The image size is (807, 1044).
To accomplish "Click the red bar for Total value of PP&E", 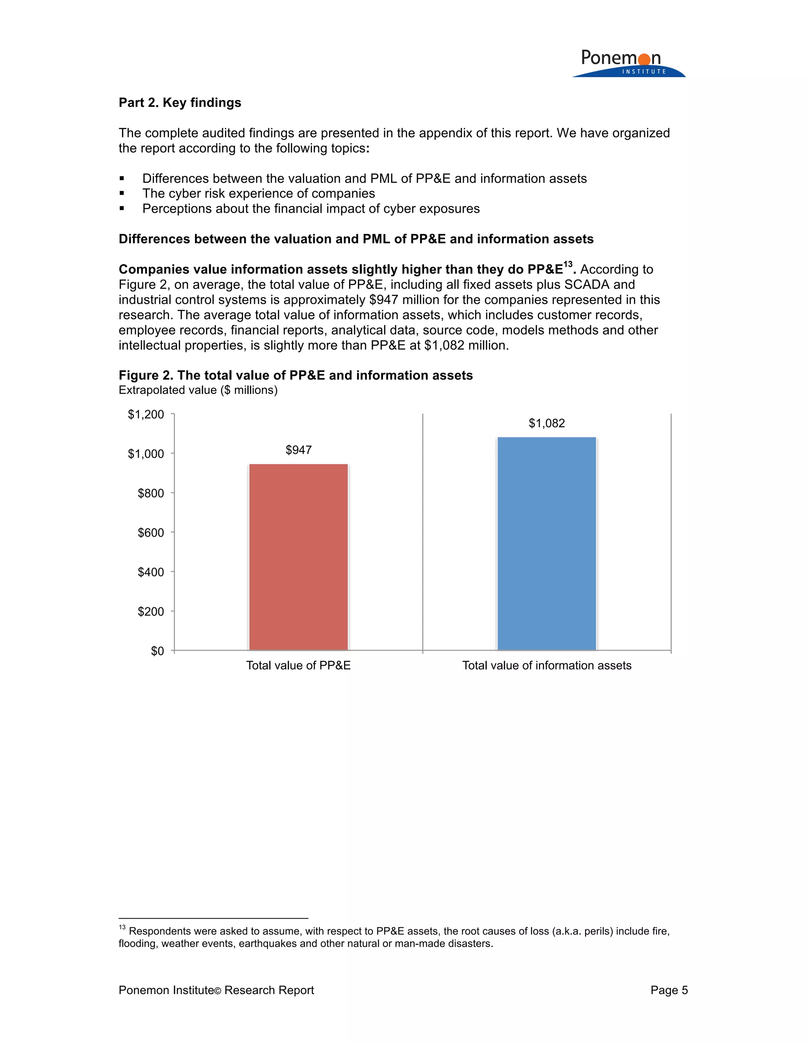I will click(x=298, y=557).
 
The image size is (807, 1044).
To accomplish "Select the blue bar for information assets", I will click(x=547, y=544).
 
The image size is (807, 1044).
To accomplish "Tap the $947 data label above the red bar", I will click(x=298, y=450).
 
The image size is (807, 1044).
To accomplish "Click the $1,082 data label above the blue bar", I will click(x=547, y=423).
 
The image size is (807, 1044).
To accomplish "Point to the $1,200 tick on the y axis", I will click(x=146, y=414).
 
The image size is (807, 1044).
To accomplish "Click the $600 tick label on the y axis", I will click(x=151, y=533).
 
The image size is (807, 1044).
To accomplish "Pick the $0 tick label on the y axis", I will click(x=157, y=651).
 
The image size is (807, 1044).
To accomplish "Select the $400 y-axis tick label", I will click(x=151, y=572).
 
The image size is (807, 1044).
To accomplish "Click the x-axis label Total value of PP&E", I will click(x=298, y=665).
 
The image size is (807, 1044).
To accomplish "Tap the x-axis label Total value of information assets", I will click(x=547, y=665).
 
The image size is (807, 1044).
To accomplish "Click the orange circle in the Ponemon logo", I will click(x=644, y=59).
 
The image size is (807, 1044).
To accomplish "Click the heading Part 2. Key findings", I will click(x=180, y=103).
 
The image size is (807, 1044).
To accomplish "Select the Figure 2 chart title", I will click(x=296, y=375).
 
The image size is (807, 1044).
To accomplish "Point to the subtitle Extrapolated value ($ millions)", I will click(x=198, y=390).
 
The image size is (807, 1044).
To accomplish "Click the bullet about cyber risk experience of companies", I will click(x=258, y=193).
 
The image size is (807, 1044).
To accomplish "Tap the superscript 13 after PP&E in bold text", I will click(x=567, y=264).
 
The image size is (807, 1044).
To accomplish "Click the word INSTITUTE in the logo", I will click(x=643, y=72).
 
